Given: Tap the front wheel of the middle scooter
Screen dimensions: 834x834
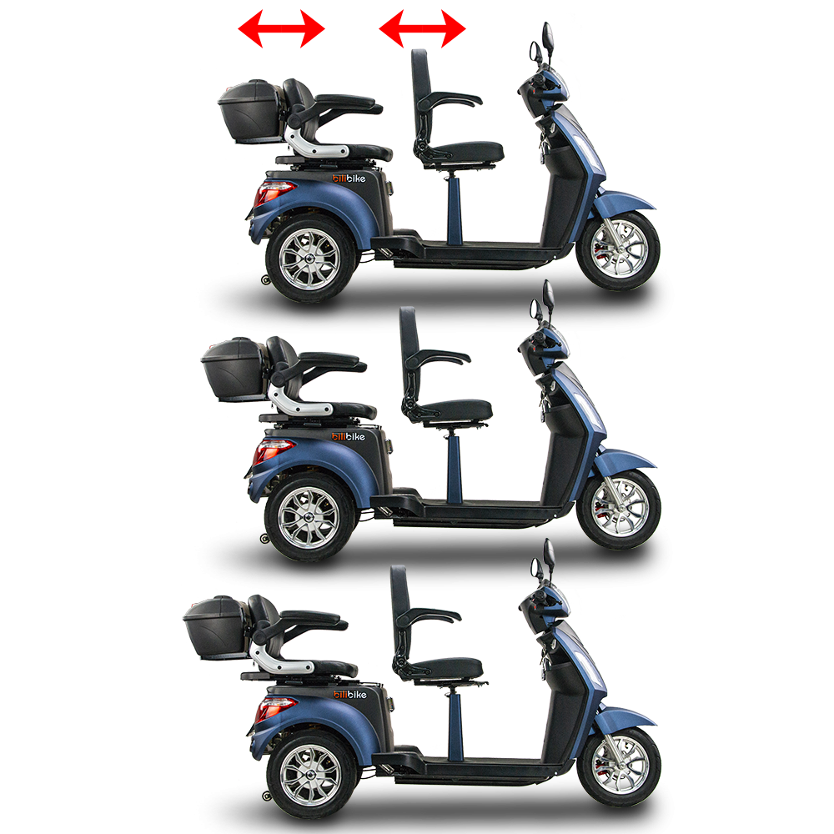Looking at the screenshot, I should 618,509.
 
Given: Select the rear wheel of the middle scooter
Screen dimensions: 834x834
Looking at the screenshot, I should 304,517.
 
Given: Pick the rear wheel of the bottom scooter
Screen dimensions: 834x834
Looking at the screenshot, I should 304,776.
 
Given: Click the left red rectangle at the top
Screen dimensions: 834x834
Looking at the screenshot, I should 280,28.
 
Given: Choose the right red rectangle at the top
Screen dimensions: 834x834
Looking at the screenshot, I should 421,28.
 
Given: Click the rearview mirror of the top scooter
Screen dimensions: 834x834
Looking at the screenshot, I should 549,37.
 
